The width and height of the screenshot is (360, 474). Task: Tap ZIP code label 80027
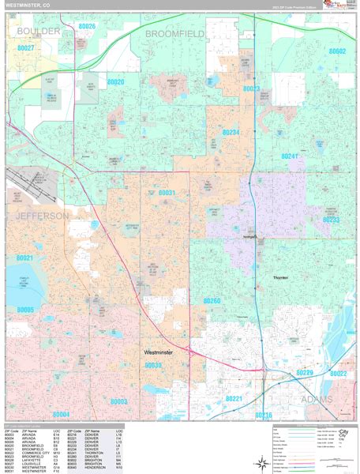[25, 48]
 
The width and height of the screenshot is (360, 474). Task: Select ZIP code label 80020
[115, 82]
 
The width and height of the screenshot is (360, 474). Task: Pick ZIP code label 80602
[337, 51]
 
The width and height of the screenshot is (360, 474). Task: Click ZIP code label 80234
[230, 133]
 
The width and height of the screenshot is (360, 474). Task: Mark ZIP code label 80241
[291, 156]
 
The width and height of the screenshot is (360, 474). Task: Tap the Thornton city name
[280, 278]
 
